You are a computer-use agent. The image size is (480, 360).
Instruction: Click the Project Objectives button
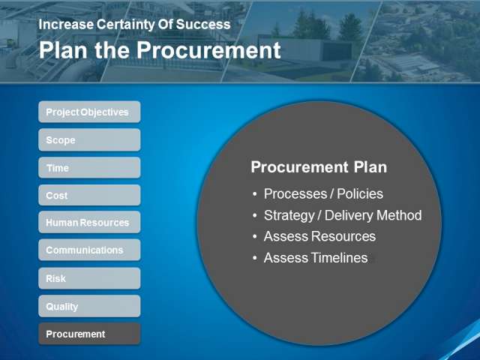click(x=89, y=112)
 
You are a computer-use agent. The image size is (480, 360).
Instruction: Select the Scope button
click(x=89, y=140)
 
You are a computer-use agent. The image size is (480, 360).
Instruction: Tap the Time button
click(x=89, y=168)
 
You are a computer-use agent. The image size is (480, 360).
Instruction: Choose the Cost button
click(x=89, y=195)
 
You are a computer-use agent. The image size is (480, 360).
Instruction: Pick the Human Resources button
click(x=89, y=222)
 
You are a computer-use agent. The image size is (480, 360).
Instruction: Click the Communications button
click(x=89, y=250)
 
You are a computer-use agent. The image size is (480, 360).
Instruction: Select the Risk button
click(x=89, y=278)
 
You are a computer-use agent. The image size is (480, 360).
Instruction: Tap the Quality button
click(x=89, y=306)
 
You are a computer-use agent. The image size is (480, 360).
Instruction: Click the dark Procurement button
click(x=89, y=334)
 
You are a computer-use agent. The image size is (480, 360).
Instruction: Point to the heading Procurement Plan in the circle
click(x=319, y=167)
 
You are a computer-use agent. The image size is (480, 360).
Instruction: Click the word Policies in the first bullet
click(x=360, y=193)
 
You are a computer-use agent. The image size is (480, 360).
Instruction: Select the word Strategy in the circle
click(x=289, y=216)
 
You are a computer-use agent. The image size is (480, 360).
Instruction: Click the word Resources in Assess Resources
click(x=343, y=236)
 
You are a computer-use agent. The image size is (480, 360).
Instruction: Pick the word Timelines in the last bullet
click(x=339, y=258)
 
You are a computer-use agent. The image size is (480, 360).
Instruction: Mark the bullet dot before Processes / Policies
click(x=255, y=194)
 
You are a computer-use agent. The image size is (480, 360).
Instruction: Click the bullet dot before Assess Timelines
click(x=255, y=258)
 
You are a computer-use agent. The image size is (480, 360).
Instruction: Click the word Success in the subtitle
click(x=203, y=25)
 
